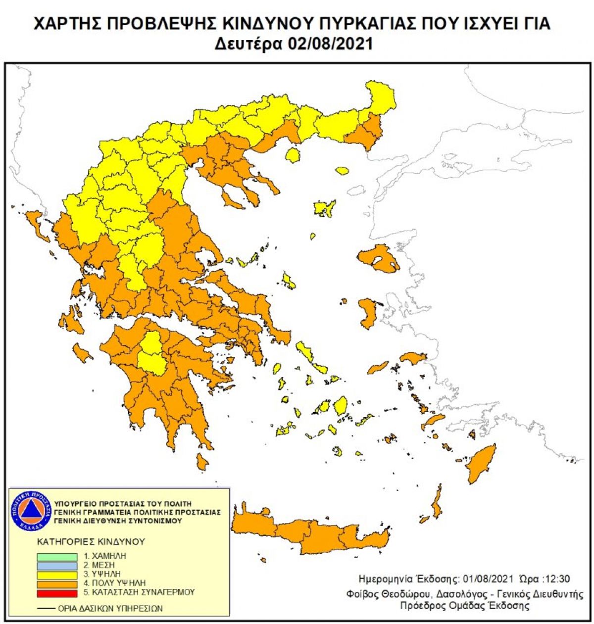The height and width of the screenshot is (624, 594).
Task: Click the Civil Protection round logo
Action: click(31, 510)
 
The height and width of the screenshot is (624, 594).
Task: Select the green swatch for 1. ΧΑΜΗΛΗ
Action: click(57, 557)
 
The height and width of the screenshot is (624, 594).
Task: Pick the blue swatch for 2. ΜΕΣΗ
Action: click(57, 566)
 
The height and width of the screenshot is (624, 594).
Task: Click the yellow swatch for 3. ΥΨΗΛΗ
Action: click(57, 575)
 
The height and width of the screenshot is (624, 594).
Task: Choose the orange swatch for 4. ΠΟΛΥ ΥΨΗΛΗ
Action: click(57, 583)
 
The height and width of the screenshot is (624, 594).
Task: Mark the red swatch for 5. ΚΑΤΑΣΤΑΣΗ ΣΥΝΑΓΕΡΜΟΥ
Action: click(57, 592)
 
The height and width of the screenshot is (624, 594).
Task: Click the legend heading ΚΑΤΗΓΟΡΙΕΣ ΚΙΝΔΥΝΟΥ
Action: click(90, 541)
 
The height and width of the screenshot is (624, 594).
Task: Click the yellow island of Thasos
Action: click(293, 156)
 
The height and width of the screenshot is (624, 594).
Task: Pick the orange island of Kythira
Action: click(202, 462)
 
